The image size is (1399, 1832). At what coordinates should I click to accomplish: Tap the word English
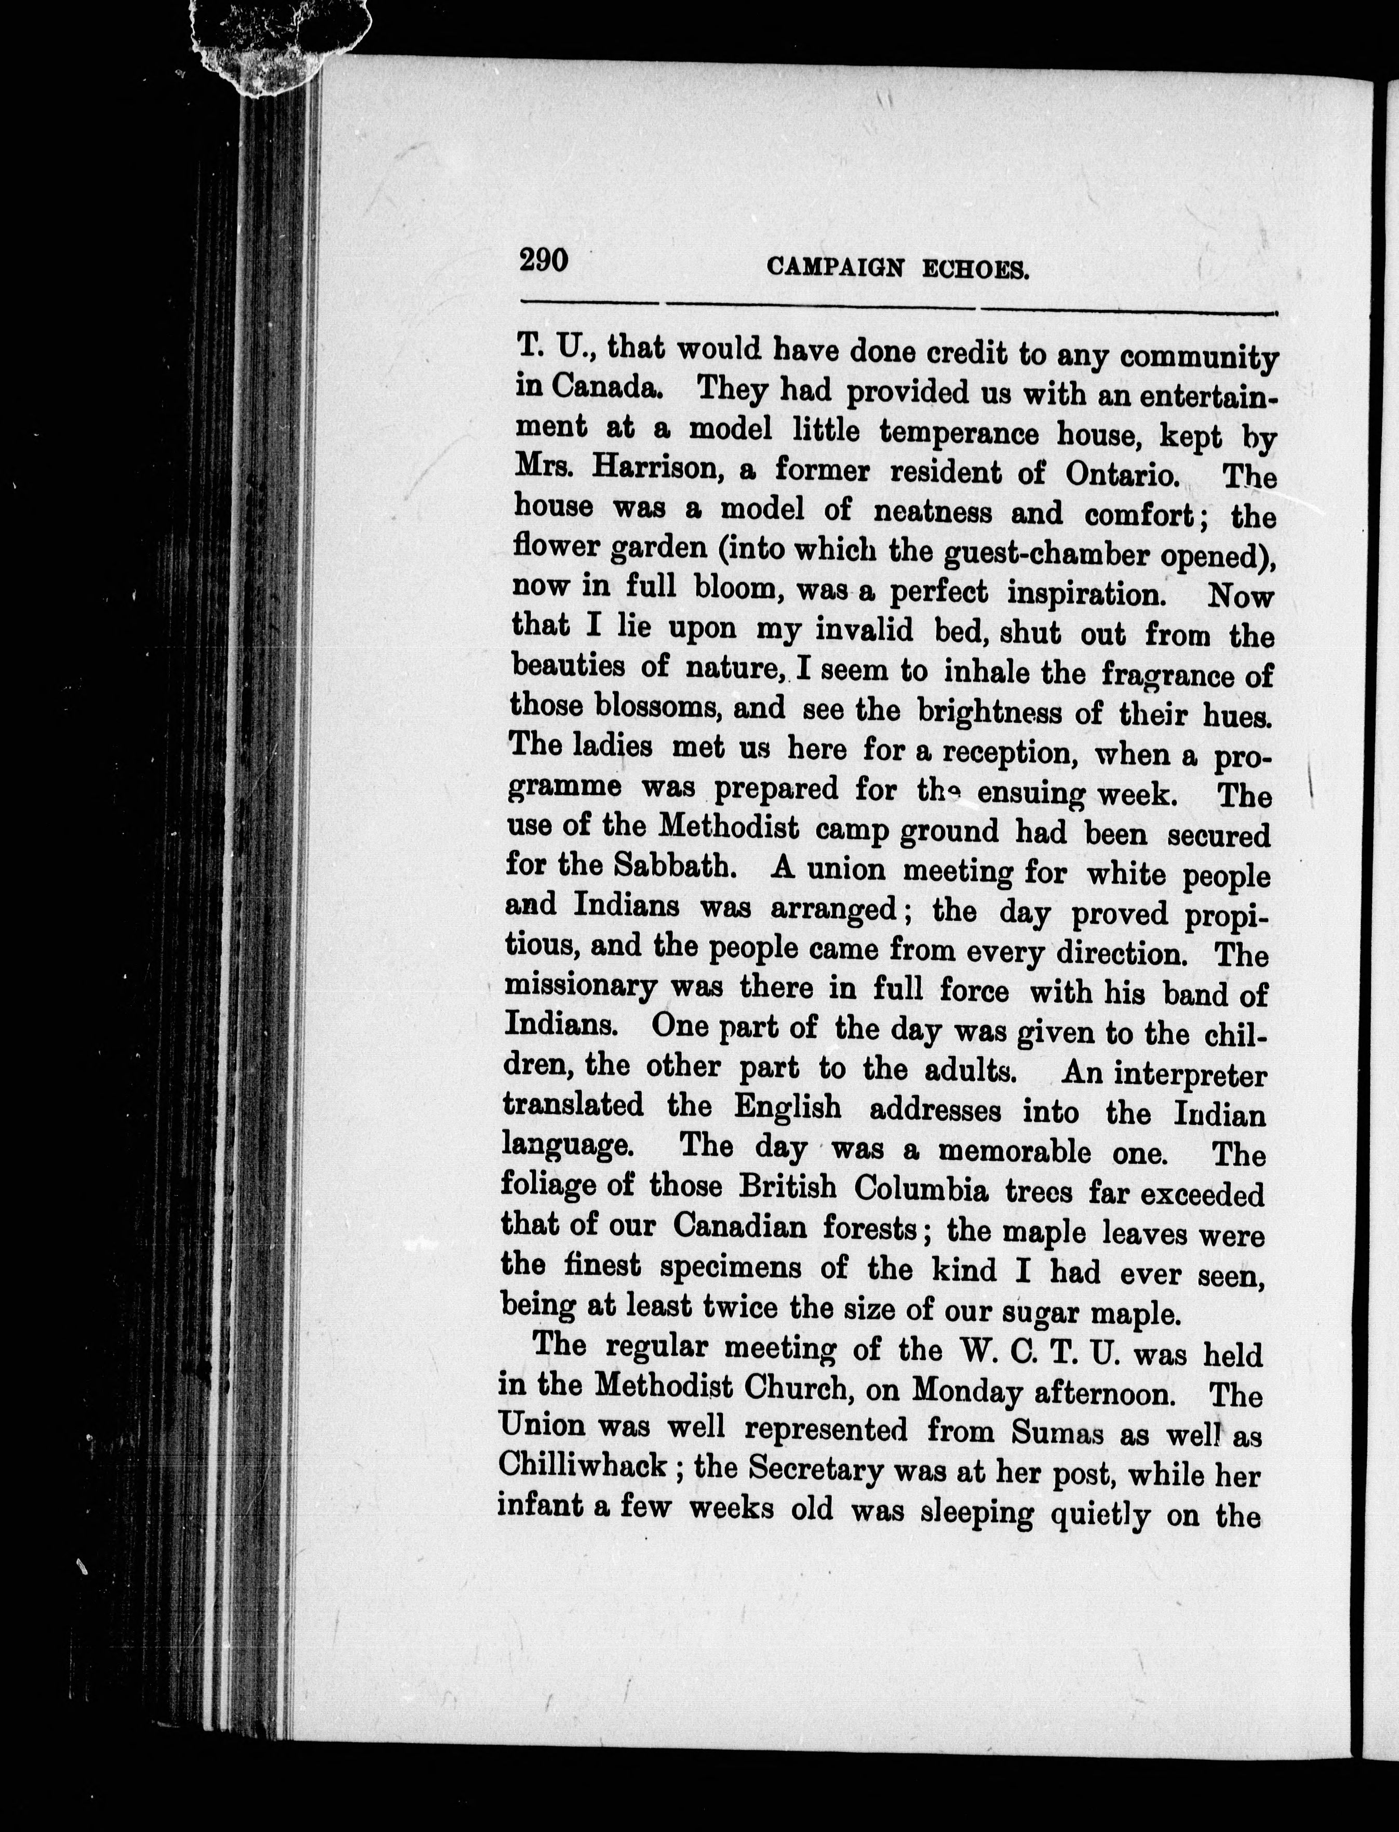787,1108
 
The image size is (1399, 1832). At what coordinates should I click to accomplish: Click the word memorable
1014,1151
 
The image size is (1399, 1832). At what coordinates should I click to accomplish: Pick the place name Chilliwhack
583,1465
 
